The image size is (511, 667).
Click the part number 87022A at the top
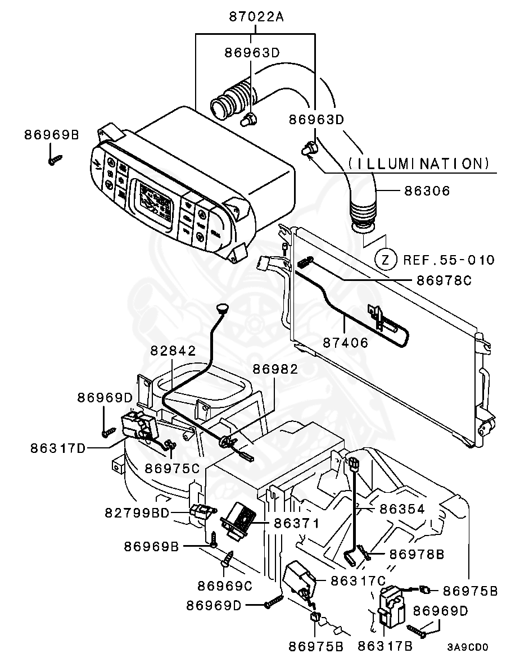tap(256, 16)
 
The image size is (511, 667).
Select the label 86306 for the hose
tap(427, 191)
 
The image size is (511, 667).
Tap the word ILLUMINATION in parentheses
tap(415, 164)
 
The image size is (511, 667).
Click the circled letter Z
tap(385, 260)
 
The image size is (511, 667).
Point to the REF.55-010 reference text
tap(449, 260)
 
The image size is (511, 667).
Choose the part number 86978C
tap(444, 280)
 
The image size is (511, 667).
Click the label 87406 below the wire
tap(346, 342)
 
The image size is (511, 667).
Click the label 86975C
tap(173, 468)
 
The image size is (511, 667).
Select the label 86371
tap(297, 524)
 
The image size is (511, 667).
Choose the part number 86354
tap(402, 509)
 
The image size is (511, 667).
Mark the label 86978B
tap(417, 555)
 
